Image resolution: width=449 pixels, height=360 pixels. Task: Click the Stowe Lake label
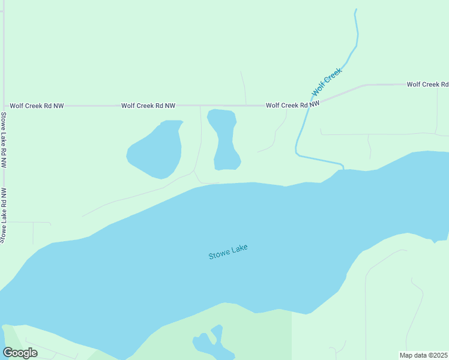(x=228, y=252)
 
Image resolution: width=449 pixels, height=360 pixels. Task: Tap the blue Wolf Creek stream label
(x=327, y=82)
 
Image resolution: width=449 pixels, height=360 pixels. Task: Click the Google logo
(x=20, y=352)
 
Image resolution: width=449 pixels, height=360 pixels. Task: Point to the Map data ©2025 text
(x=423, y=355)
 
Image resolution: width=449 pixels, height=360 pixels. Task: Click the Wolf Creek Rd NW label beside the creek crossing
(x=292, y=105)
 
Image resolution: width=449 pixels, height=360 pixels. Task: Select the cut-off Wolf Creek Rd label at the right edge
(x=427, y=85)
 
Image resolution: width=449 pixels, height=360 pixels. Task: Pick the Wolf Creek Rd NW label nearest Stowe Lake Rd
(x=34, y=106)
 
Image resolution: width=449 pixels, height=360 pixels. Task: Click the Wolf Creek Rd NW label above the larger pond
(x=148, y=106)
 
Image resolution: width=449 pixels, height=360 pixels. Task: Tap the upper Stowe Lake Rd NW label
(x=4, y=139)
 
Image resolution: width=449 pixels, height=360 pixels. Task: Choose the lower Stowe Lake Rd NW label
(x=4, y=215)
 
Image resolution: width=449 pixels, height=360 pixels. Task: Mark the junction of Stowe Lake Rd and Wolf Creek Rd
(x=4, y=106)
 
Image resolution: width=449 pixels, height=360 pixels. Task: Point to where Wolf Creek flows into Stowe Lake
(x=342, y=168)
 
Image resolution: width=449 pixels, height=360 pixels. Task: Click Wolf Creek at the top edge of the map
(x=356, y=11)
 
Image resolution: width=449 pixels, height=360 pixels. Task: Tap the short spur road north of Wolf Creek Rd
(x=243, y=88)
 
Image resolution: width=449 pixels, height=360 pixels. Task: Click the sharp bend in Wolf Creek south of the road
(x=297, y=154)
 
